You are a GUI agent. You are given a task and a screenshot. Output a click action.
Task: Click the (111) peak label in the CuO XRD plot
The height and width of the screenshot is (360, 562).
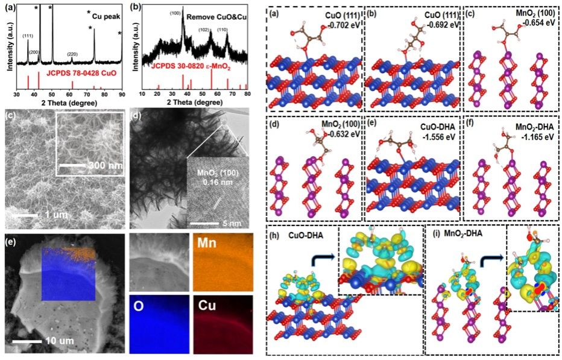click(x=28, y=36)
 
